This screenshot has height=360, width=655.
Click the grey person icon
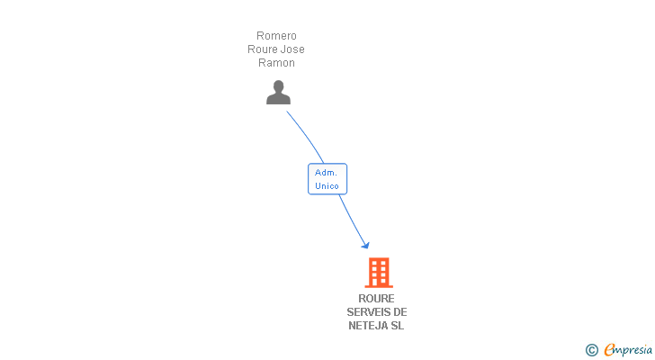[x=278, y=93]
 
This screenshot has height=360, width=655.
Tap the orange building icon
[x=378, y=272]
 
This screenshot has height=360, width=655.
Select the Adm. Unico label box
[x=327, y=178]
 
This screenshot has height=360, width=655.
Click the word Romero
[x=276, y=36]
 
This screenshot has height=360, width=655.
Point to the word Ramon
[x=276, y=63]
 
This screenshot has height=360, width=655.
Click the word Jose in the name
[x=292, y=49]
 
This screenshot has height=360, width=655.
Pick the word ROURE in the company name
[x=376, y=299]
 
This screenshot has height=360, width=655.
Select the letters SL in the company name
[x=397, y=326]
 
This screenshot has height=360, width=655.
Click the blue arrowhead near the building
[x=364, y=244]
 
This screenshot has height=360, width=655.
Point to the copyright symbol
[x=591, y=350]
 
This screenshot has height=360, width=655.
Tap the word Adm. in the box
[x=326, y=172]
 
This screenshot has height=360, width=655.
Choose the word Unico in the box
[x=327, y=185]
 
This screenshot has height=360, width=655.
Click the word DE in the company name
[x=400, y=312]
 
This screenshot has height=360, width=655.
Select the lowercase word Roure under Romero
[x=263, y=49]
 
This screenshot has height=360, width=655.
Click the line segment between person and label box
[x=306, y=135]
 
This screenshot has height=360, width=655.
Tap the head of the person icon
[x=278, y=86]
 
